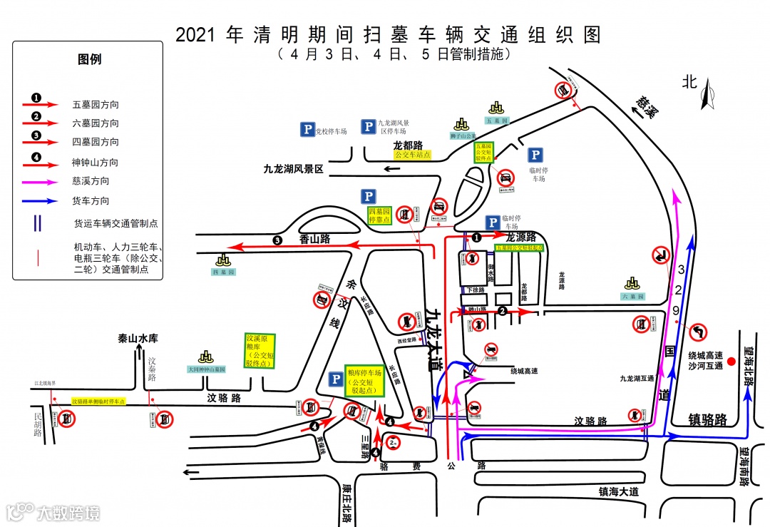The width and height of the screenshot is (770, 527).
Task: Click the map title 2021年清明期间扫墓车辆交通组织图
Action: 389,35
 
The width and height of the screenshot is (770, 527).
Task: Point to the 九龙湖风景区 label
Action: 293,169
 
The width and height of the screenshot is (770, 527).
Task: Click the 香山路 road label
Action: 314,240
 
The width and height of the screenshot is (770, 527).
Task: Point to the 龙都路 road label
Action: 408,145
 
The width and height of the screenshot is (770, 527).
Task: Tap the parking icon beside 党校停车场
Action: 307,130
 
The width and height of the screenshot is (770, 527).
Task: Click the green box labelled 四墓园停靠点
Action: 379,215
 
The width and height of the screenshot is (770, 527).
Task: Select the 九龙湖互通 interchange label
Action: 637,379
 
